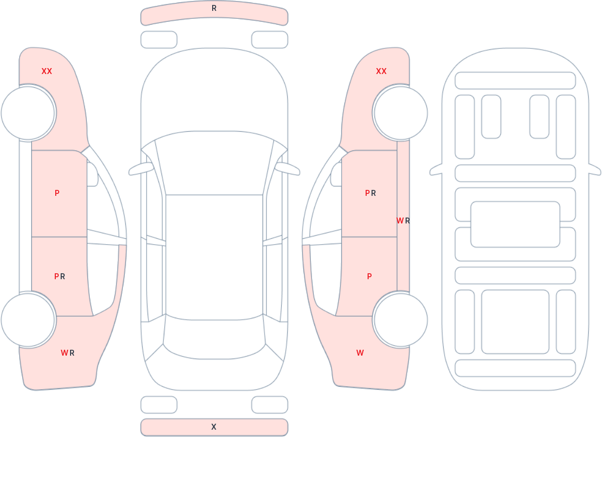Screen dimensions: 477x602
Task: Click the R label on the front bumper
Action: [x=214, y=8]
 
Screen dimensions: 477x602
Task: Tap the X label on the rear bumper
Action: [x=214, y=427]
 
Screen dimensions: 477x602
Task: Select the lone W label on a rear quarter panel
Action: [x=360, y=353]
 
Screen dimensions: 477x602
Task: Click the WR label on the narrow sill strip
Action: [x=403, y=221]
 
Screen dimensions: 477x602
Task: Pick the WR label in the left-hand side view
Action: [x=68, y=353]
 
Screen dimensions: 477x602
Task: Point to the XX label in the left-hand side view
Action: [x=47, y=72]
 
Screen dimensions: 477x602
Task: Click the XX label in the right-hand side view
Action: [x=381, y=72]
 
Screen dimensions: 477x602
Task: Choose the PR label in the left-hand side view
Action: [x=60, y=277]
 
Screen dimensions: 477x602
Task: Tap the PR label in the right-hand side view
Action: [x=371, y=193]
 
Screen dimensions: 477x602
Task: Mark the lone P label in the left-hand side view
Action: [x=57, y=193]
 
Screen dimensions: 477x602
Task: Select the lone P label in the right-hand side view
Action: [x=370, y=277]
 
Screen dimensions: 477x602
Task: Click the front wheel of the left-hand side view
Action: [x=28, y=113]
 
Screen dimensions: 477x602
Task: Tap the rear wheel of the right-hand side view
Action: [x=400, y=320]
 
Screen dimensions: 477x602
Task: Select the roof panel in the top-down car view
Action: [x=214, y=254]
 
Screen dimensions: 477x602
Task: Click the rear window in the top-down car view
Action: [x=214, y=340]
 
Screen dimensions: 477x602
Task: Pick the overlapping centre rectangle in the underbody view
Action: [x=515, y=224]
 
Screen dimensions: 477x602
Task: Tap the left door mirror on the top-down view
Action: [x=141, y=169]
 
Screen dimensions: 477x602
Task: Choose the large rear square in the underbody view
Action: [x=515, y=322]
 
